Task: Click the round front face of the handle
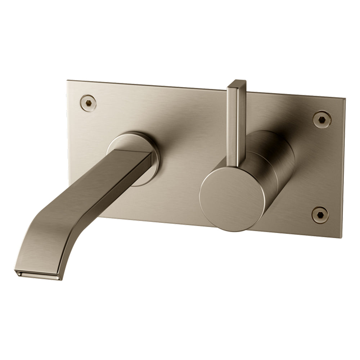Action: click(x=226, y=200)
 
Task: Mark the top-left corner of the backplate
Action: click(x=68, y=81)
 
